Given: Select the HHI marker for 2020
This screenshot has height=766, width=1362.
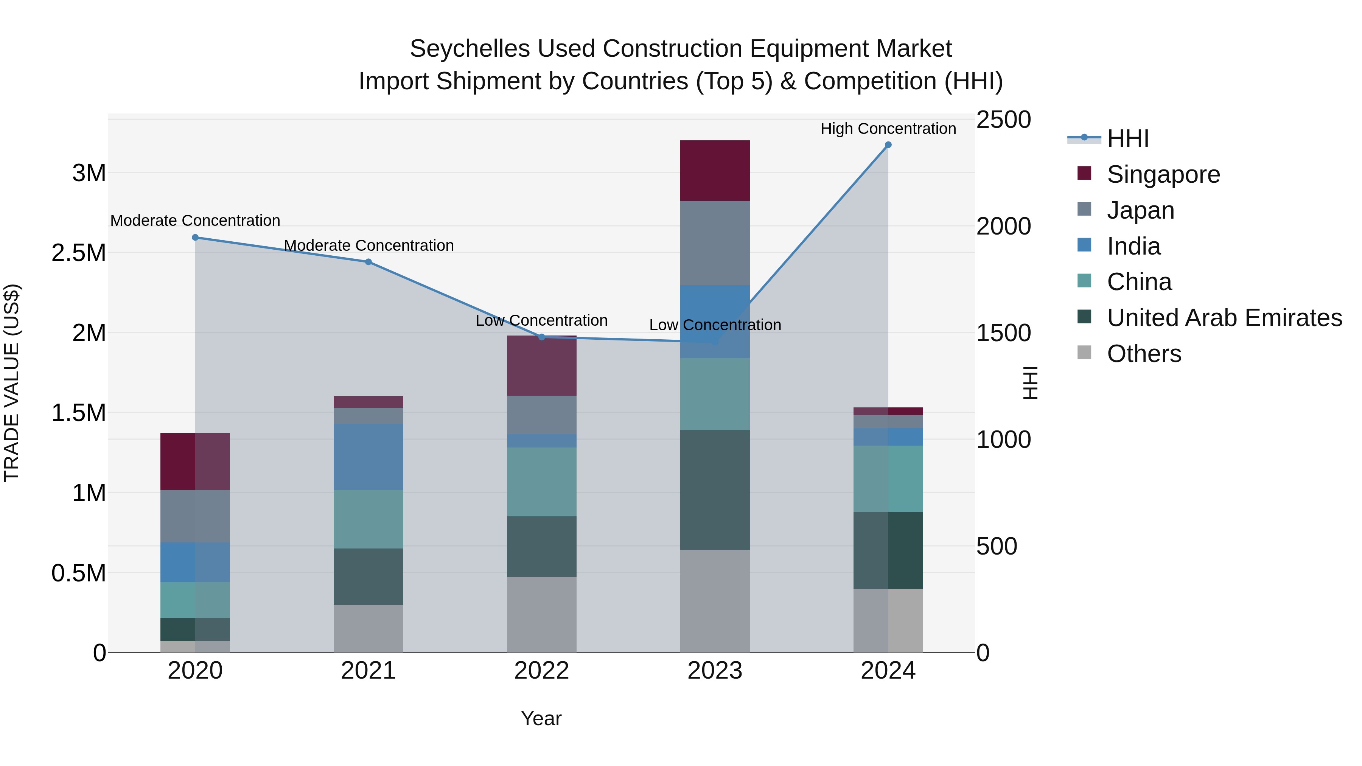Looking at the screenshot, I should pos(195,237).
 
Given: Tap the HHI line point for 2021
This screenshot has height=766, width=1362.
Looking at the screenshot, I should pos(368,262).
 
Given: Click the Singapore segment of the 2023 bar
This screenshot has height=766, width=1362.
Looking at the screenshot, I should pos(715,170).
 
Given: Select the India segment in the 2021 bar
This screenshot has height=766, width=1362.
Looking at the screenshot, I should pos(368,456).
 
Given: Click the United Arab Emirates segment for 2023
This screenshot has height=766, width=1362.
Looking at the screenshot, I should pos(715,489).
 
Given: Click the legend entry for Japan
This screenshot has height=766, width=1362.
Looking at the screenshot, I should pos(1140,210).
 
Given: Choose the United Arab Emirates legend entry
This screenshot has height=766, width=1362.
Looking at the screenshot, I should pos(1224,318).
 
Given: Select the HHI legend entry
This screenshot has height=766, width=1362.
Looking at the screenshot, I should pos(1127,138).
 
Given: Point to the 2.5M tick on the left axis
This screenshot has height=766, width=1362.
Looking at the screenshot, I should pos(79,253).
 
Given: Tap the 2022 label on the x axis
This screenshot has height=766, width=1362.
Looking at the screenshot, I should pos(541,671).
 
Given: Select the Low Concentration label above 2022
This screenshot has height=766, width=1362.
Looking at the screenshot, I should pos(541,320).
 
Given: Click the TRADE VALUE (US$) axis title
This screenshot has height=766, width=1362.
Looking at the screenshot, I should pos(12,383).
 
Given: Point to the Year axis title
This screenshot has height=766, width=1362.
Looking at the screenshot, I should pos(541,718).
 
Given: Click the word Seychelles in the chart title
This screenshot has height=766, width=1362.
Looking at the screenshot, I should pos(470,49).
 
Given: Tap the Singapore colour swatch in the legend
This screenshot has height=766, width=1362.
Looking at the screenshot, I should pos(1084,173).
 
